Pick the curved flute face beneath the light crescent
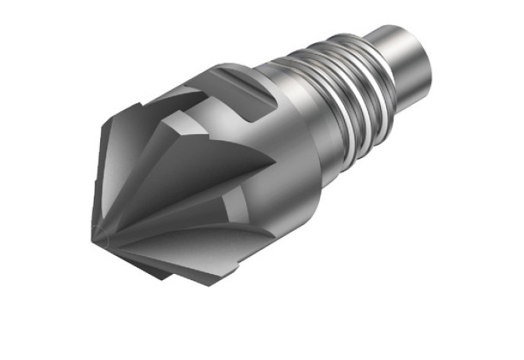tap(211, 239)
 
